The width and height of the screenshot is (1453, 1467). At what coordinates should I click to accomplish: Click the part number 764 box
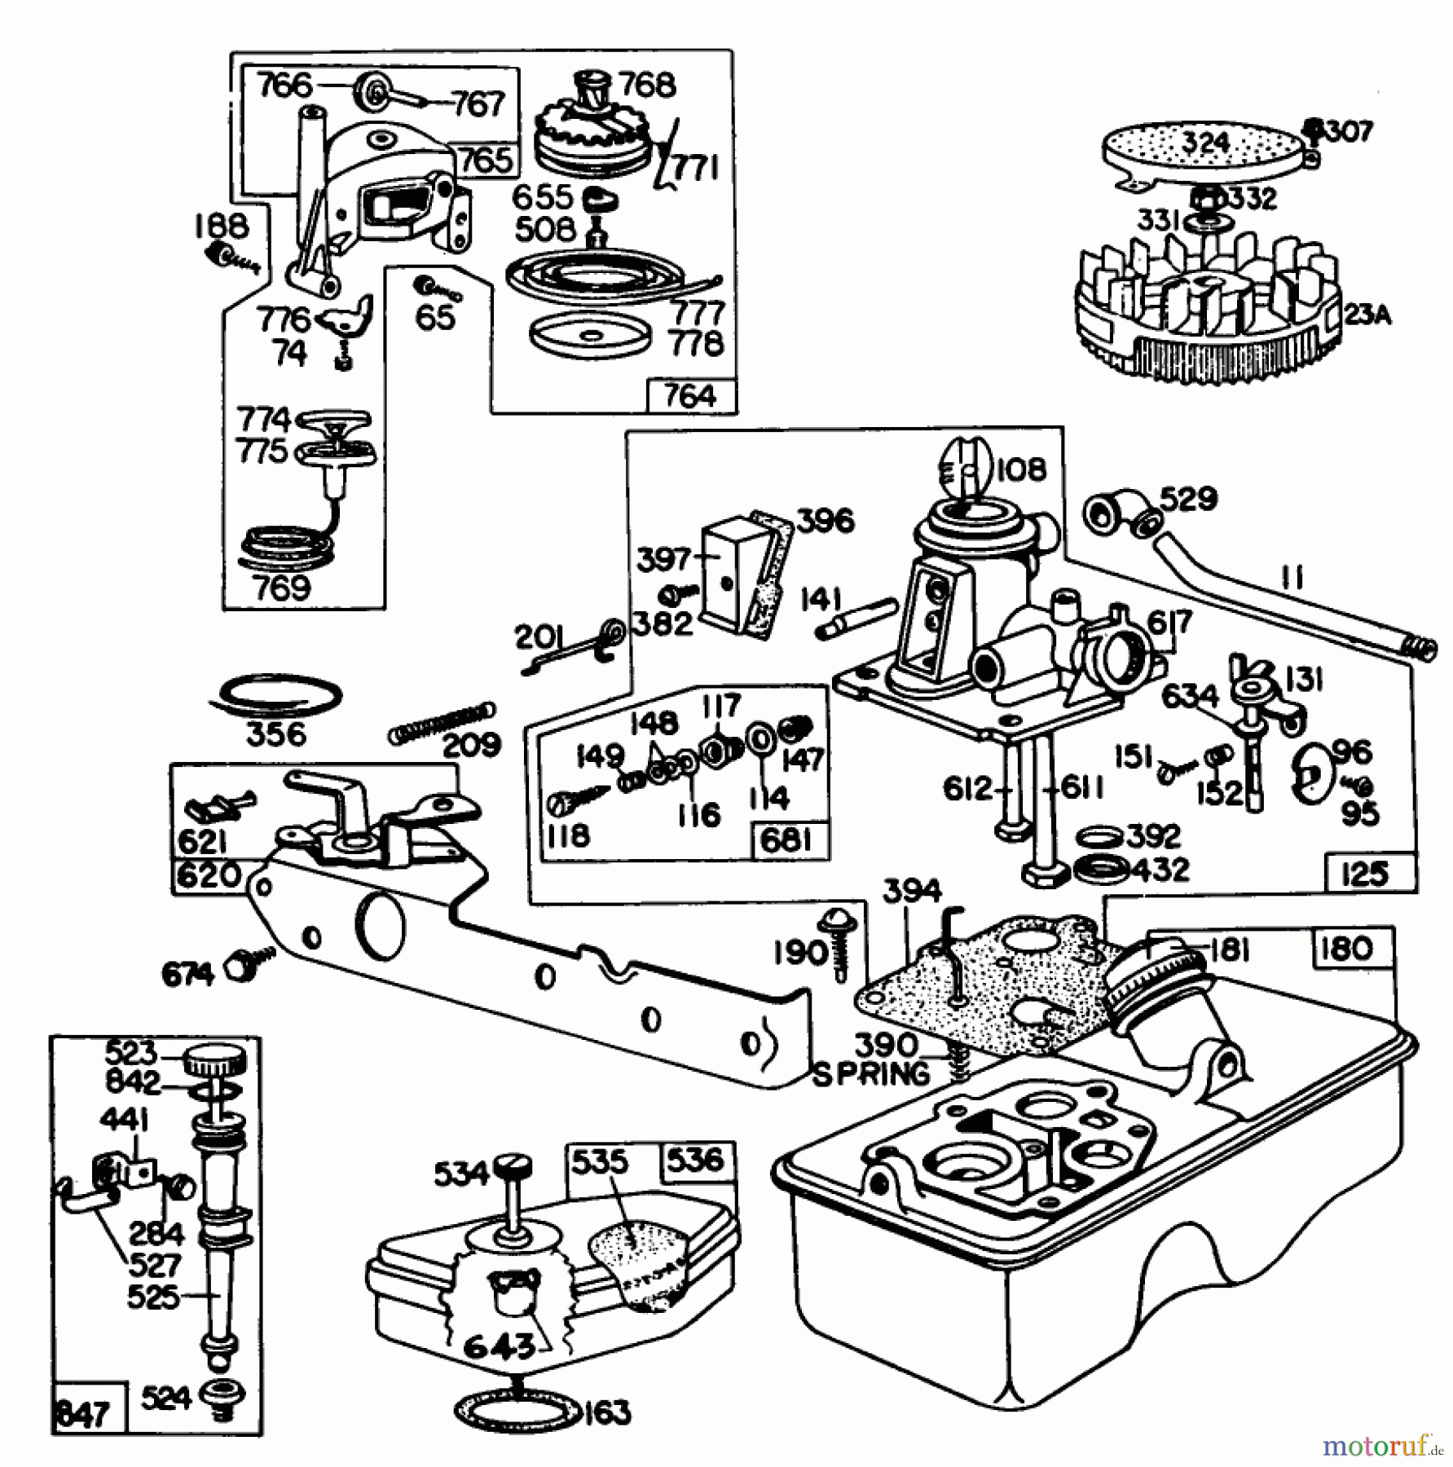(690, 396)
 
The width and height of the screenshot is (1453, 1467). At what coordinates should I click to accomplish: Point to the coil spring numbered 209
(441, 721)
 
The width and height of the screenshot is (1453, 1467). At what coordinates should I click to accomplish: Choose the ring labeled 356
(277, 695)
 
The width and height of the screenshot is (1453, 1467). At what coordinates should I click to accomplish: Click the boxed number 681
(786, 840)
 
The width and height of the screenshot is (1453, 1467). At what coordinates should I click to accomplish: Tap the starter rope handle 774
(336, 421)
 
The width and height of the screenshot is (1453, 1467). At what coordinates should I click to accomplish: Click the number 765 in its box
(486, 161)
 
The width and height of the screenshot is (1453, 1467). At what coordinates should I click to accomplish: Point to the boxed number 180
(1348, 948)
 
